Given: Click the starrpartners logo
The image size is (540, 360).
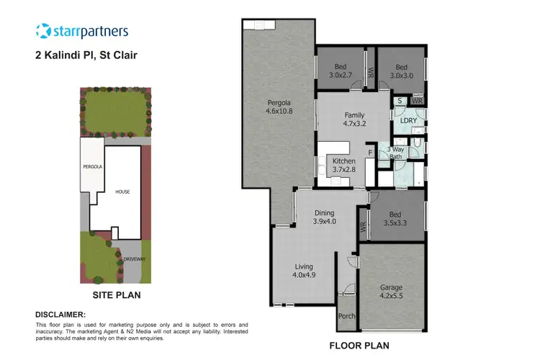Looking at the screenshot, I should coord(81,31).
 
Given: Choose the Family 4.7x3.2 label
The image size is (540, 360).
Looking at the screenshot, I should coord(354,120).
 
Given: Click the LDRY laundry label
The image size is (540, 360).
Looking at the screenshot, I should coord(408,121).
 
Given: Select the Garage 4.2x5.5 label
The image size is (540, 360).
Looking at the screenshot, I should coord(392,291).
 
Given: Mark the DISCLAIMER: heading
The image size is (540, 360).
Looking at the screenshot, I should coord(60,315).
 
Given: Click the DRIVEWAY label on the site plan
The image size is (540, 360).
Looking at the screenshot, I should coord(133,257).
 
